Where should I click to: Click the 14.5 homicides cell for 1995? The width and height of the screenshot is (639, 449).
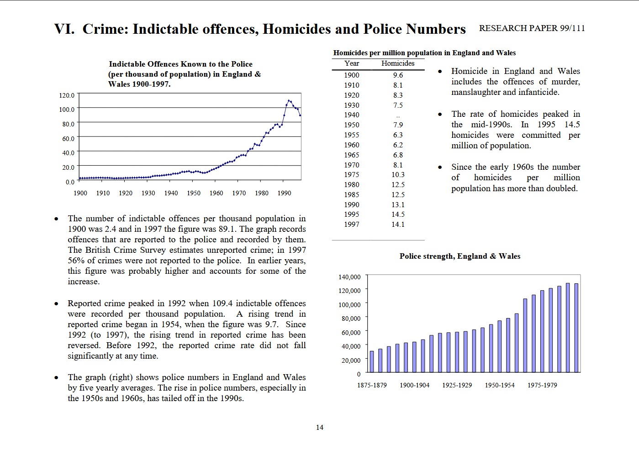click(398, 214)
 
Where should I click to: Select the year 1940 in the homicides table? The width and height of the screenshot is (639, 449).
click(351, 115)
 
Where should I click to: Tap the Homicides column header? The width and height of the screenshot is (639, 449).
click(398, 63)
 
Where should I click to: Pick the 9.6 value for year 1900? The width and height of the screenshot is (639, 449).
click(398, 75)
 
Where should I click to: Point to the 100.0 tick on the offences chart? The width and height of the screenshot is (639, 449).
click(67, 110)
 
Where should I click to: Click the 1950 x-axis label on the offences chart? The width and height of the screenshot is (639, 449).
click(194, 193)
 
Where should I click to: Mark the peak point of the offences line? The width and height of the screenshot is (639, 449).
click(289, 100)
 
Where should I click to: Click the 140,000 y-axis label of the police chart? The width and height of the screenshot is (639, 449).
click(349, 277)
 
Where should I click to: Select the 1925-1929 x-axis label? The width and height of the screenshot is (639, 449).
click(457, 385)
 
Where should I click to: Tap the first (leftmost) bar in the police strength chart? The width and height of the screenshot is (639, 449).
click(372, 361)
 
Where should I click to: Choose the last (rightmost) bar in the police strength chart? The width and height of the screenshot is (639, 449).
click(576, 328)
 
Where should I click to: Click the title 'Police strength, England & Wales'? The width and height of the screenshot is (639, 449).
click(460, 256)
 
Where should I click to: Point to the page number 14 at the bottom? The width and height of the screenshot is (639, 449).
click(320, 428)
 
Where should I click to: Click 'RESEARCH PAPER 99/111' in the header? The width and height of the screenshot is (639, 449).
click(532, 28)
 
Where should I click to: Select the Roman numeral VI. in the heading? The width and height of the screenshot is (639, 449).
click(64, 29)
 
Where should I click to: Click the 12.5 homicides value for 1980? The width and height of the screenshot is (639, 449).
click(398, 185)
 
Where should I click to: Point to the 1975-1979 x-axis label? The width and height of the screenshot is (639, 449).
click(542, 385)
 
